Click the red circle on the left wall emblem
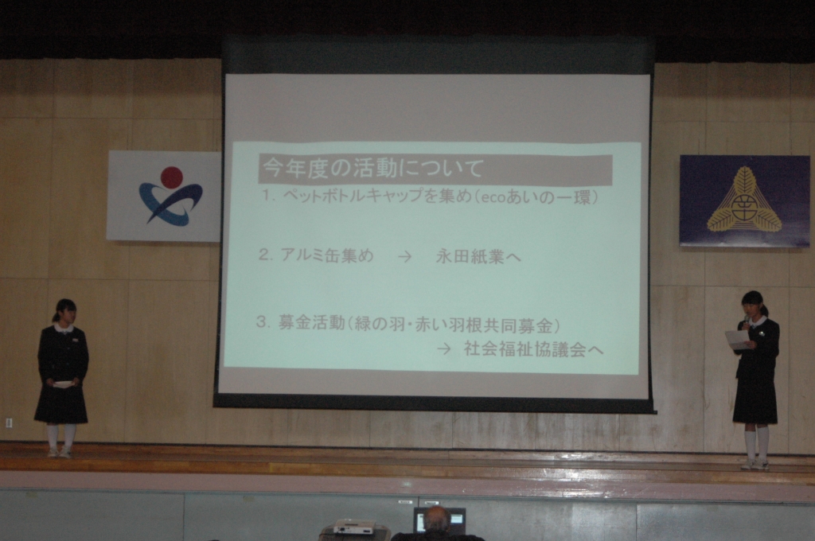[172, 177]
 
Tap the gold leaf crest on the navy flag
[744, 200]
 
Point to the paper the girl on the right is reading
[737, 340]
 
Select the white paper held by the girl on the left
[62, 384]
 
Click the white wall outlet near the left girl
[9, 422]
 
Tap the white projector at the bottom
[353, 528]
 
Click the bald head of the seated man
[436, 518]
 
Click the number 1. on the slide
[268, 197]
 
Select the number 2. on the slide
[266, 255]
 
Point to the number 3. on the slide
[263, 322]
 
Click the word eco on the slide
[490, 198]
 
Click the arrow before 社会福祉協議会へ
[444, 349]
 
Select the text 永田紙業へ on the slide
[478, 256]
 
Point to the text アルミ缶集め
[327, 255]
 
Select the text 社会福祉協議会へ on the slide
[533, 349]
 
